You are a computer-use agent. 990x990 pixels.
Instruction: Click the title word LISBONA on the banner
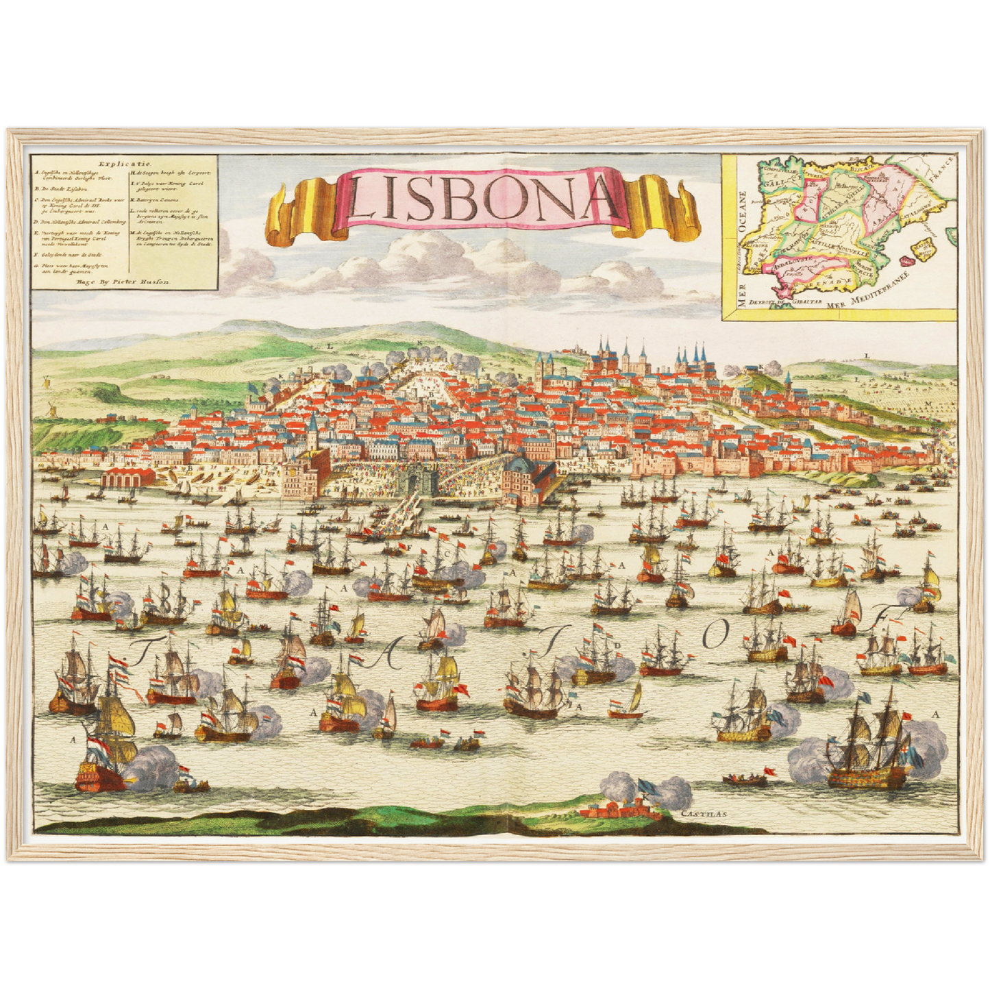(482, 197)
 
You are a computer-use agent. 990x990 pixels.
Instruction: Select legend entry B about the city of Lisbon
(62, 188)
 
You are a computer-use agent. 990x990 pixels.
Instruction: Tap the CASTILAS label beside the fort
(704, 815)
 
